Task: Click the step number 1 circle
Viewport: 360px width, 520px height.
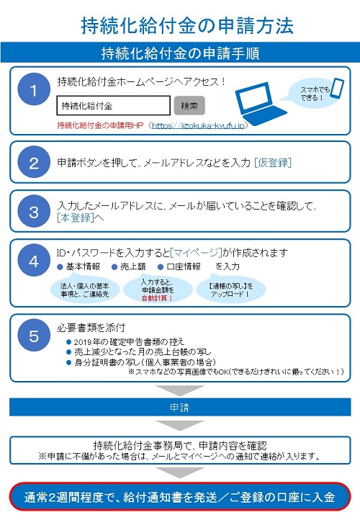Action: click(34, 89)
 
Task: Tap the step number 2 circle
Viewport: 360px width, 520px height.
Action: click(34, 162)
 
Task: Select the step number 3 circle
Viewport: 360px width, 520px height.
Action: click(34, 211)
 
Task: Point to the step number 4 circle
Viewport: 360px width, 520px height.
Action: click(34, 260)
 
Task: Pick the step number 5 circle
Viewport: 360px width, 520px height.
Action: click(34, 336)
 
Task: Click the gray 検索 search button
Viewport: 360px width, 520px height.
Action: click(189, 105)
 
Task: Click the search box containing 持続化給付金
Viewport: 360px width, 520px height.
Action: click(113, 105)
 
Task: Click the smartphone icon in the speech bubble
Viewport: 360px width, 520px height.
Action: click(338, 88)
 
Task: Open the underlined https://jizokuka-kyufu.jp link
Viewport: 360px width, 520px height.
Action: click(198, 125)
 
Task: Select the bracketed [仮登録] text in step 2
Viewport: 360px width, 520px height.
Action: click(273, 163)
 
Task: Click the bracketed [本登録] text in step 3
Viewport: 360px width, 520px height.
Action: click(76, 218)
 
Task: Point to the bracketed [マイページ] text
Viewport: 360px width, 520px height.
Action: click(196, 253)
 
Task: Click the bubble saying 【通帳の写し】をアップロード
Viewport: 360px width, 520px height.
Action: click(231, 290)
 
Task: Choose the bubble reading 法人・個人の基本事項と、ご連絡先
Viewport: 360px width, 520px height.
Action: click(84, 290)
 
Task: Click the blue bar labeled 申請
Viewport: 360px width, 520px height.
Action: click(180, 407)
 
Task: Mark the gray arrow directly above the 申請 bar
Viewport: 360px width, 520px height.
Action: click(180, 390)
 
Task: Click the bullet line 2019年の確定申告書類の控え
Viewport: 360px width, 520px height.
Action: click(125, 341)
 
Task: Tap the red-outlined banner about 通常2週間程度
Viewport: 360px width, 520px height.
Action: click(180, 497)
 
